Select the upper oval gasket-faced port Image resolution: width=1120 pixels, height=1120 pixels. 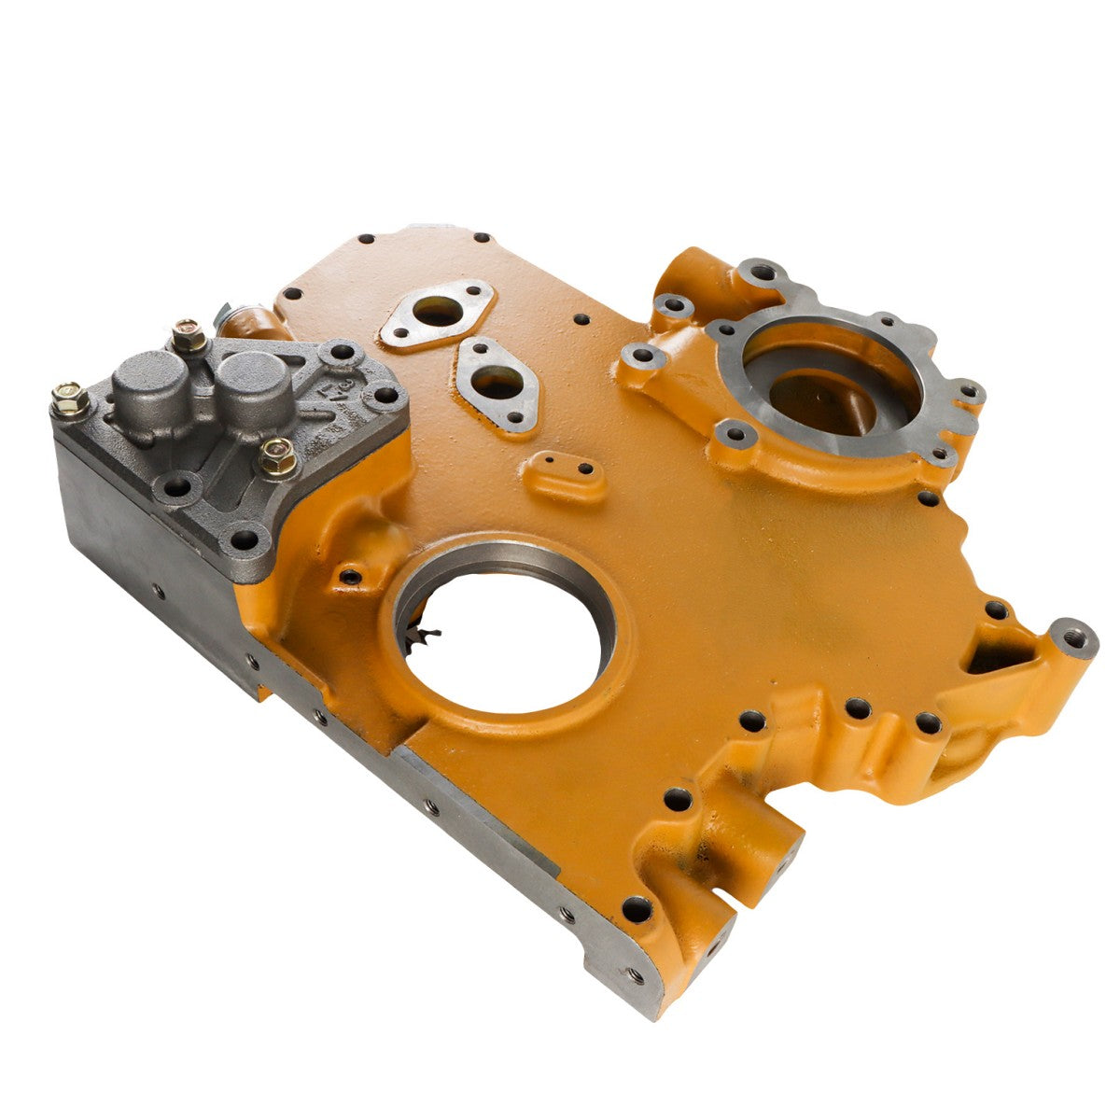[x=437, y=312]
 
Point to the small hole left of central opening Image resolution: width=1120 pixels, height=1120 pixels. [x=351, y=577]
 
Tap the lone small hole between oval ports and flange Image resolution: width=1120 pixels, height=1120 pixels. [x=581, y=319]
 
